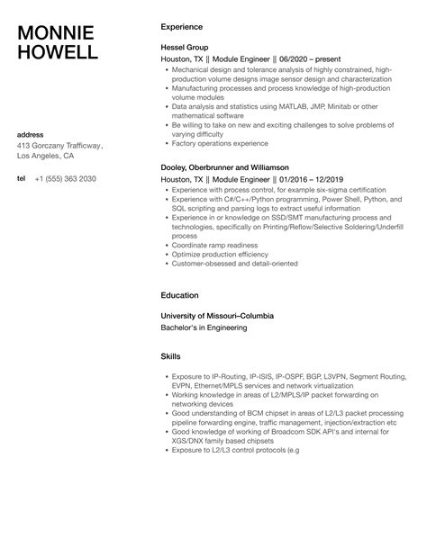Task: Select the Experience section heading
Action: click(x=181, y=27)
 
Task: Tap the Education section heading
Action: click(x=180, y=294)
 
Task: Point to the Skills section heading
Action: click(x=170, y=356)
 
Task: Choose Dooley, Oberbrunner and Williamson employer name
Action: click(x=224, y=167)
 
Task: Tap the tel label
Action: click(x=22, y=178)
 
